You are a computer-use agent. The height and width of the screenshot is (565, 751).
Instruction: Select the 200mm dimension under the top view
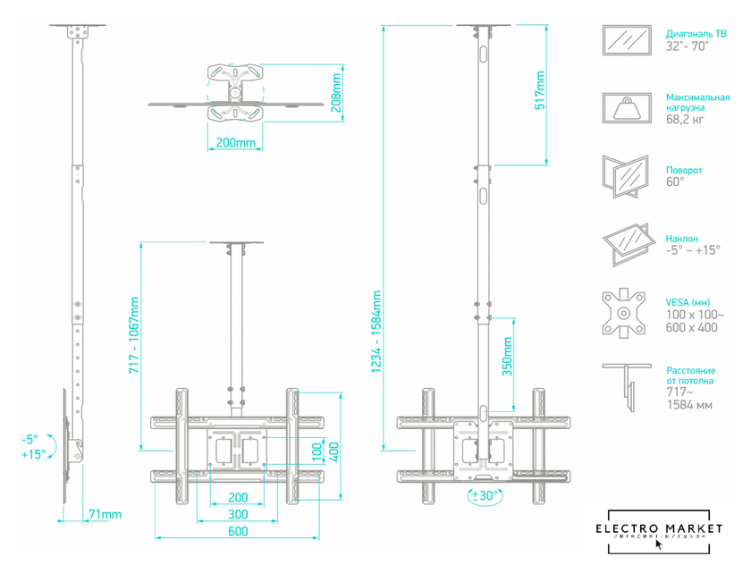(236, 143)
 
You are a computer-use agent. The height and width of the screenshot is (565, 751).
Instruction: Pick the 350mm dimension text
(507, 356)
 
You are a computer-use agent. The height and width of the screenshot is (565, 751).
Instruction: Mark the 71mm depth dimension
(105, 515)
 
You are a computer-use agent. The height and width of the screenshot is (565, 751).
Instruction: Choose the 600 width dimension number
(237, 532)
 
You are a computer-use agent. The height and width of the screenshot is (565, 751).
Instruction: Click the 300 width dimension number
(237, 514)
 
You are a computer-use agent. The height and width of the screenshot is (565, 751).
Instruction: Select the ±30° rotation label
(484, 495)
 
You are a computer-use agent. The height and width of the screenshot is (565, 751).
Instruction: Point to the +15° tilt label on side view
(33, 454)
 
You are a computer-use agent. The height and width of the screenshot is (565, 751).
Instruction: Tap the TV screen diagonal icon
(627, 39)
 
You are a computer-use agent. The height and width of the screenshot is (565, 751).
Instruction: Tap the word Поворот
(684, 170)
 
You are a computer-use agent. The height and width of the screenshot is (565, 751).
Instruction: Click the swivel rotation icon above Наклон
(627, 176)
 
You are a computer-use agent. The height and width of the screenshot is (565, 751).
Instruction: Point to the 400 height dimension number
(333, 452)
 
